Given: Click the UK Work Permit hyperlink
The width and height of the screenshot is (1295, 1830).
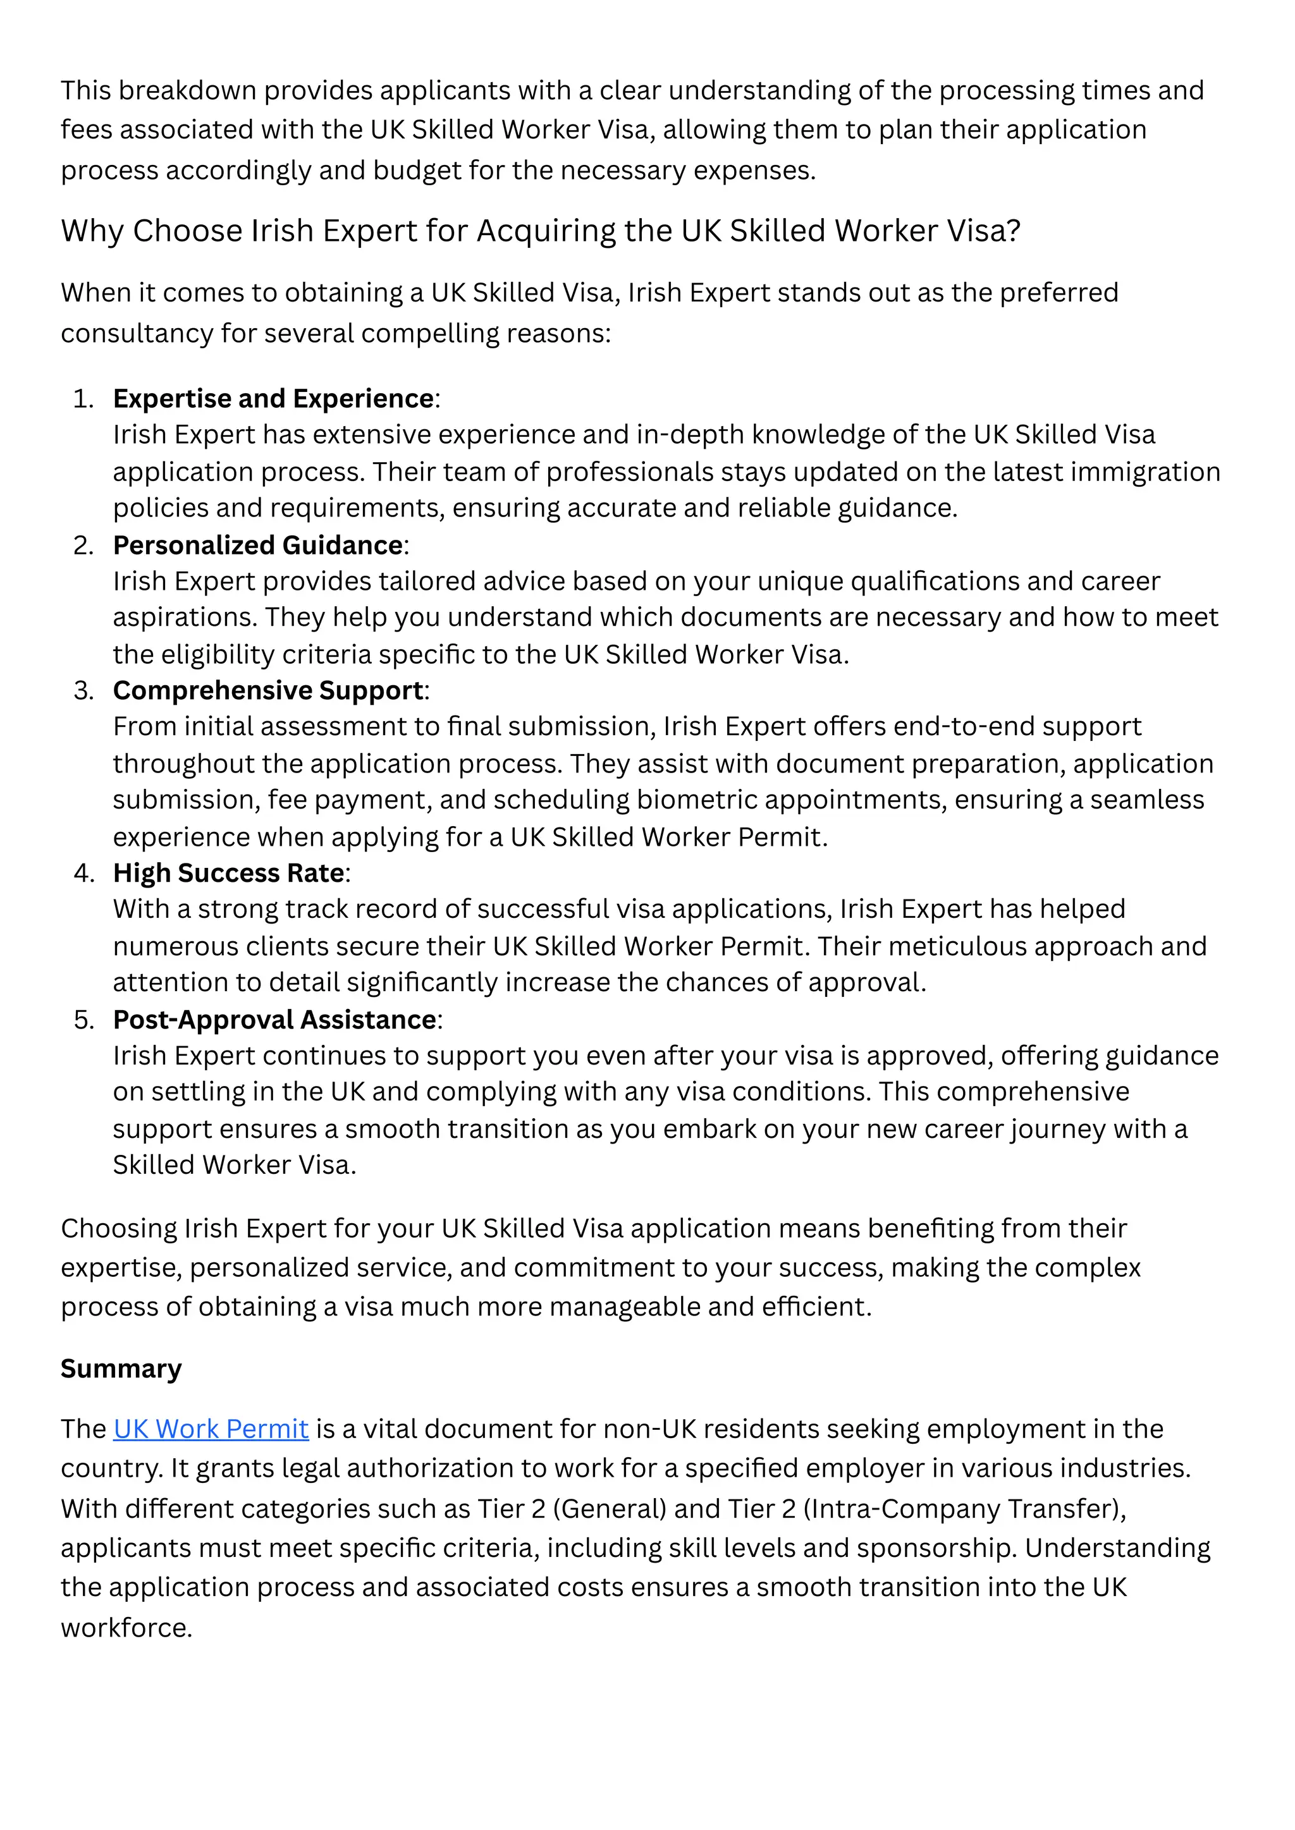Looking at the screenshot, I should pyautogui.click(x=211, y=1429).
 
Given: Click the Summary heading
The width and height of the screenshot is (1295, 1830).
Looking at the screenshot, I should pyautogui.click(x=121, y=1369).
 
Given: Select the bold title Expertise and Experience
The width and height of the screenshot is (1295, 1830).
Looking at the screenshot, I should pyautogui.click(x=274, y=398).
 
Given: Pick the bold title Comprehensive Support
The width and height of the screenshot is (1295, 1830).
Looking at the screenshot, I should pyautogui.click(x=268, y=690).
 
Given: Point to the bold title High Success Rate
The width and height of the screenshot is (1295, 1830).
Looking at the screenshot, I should pyautogui.click(x=229, y=873).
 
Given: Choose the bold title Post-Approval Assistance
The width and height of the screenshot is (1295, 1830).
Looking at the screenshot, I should pyautogui.click(x=275, y=1020).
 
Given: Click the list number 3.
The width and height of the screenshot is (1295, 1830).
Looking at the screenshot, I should pyautogui.click(x=83, y=691).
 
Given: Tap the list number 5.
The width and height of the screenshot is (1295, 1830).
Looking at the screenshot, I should pyautogui.click(x=83, y=1020).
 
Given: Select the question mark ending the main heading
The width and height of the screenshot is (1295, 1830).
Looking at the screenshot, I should pyautogui.click(x=1013, y=231).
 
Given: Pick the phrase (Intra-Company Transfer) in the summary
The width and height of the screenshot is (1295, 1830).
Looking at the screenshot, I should pyautogui.click(x=962, y=1509).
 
